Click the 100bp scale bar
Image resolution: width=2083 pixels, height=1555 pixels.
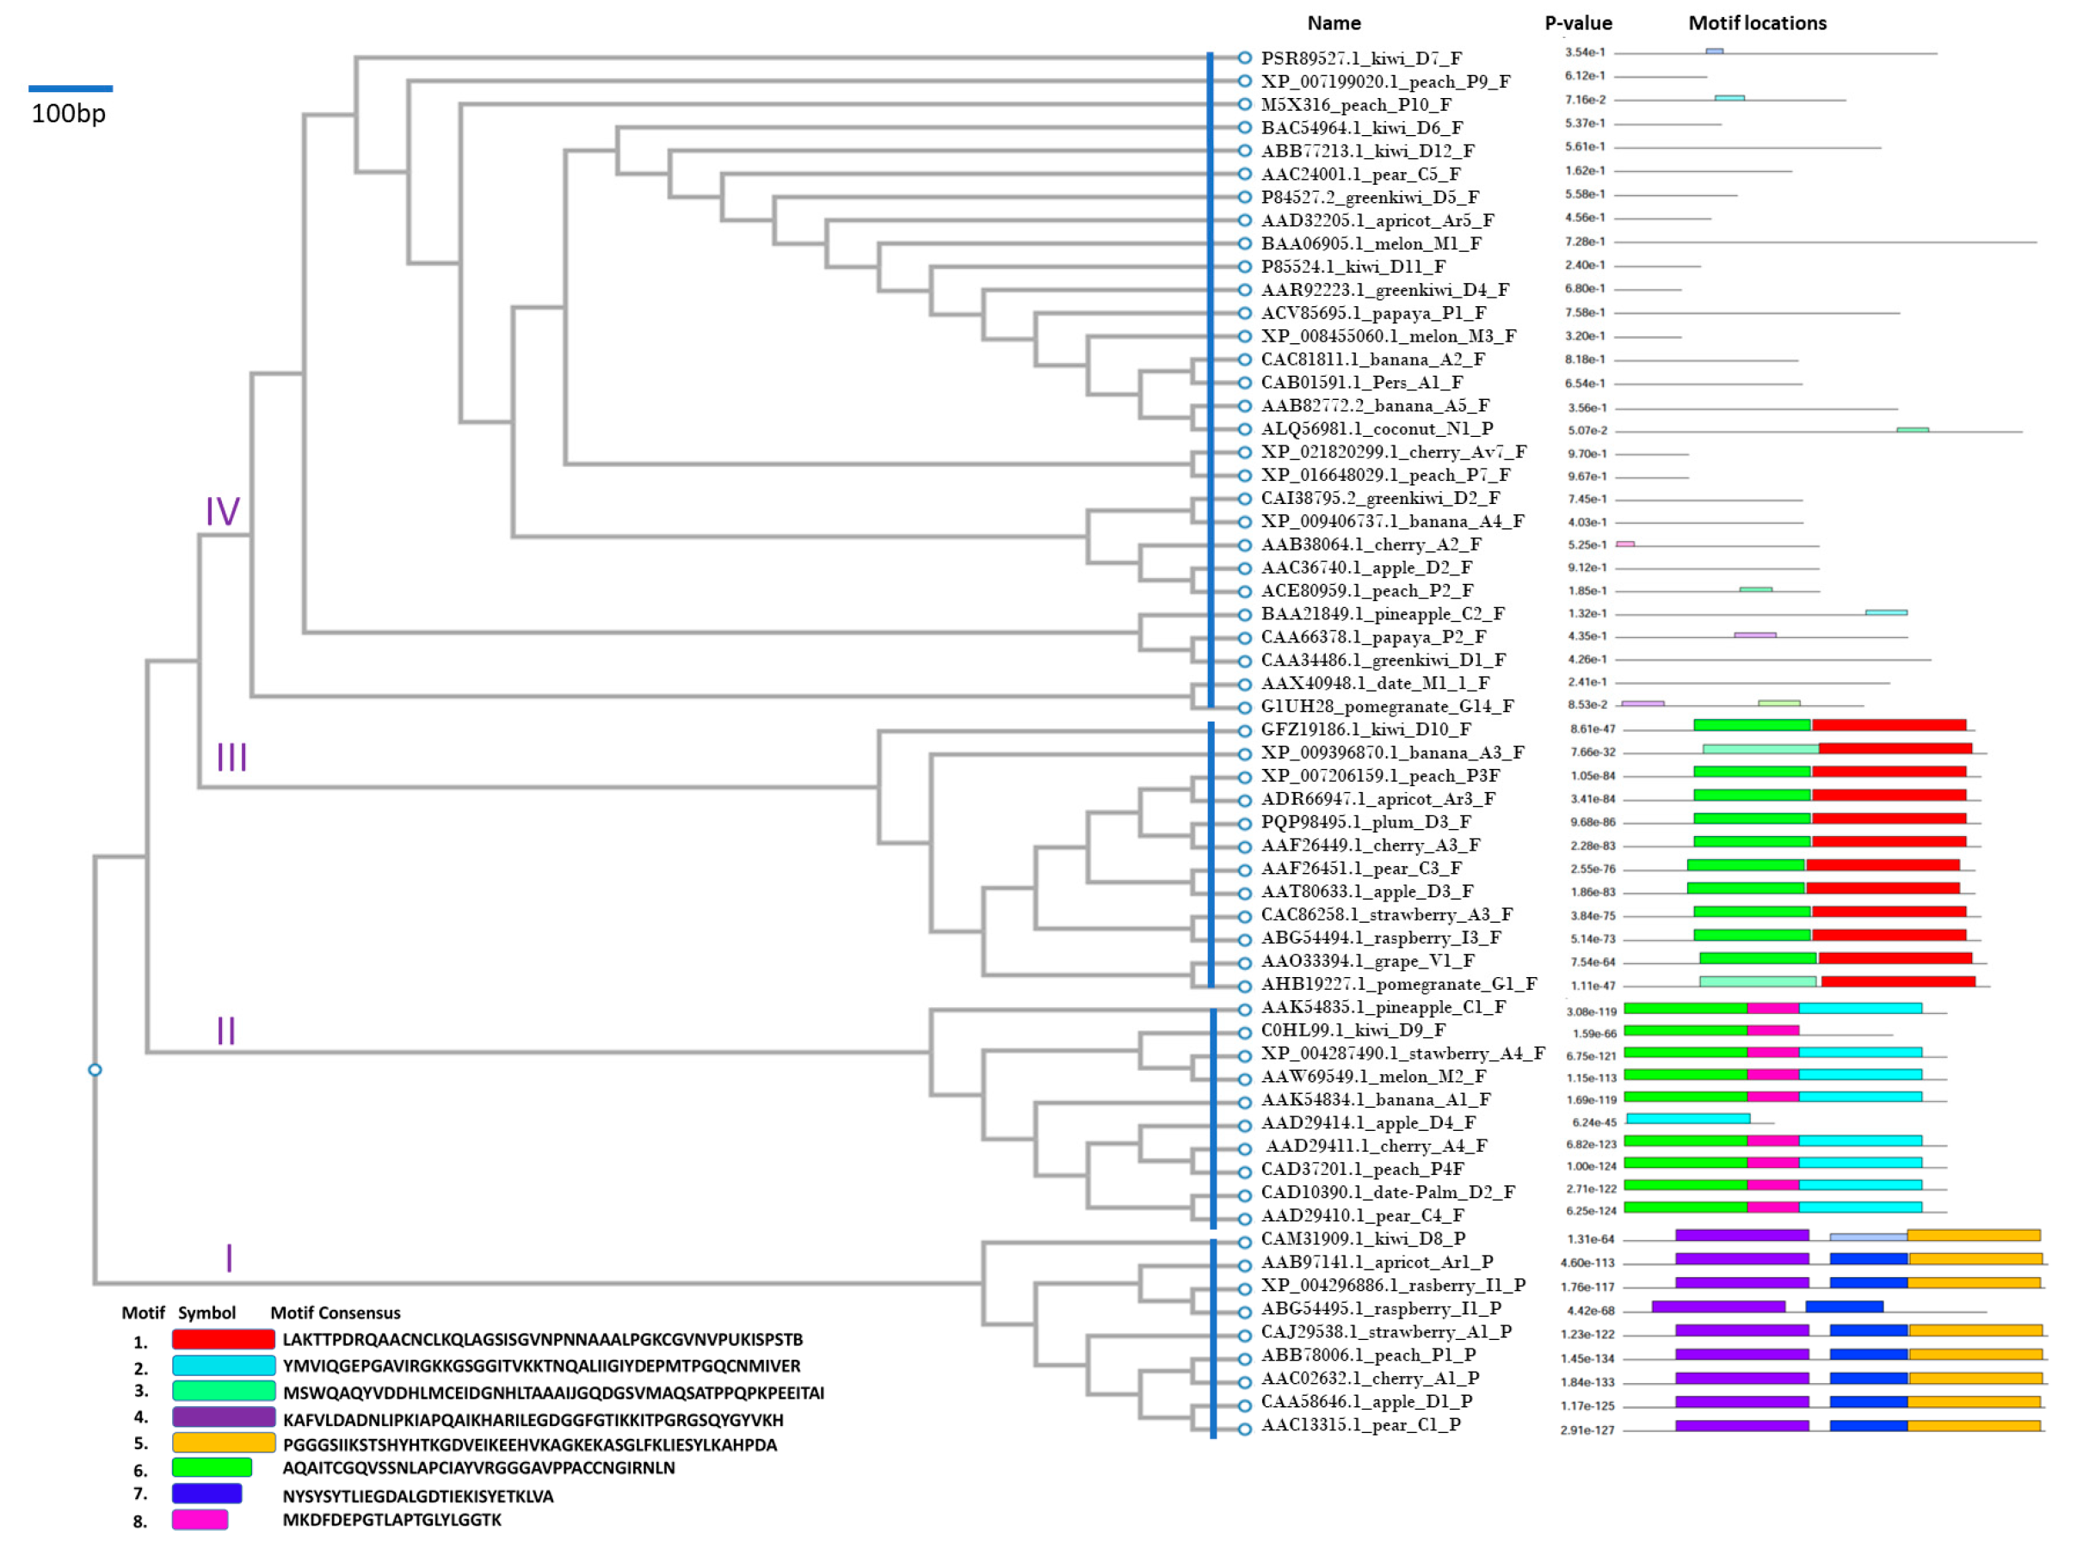click(71, 89)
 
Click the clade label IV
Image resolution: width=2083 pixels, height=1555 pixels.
click(222, 511)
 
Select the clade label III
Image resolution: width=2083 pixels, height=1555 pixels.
click(231, 757)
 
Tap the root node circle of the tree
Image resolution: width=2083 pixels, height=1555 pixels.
click(96, 1070)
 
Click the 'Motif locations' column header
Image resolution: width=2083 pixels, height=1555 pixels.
click(1756, 23)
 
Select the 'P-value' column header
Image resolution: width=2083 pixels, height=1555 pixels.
click(1578, 23)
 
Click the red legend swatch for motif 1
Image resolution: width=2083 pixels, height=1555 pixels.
click(223, 1339)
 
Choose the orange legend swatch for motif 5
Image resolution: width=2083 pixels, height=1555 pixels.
click(223, 1443)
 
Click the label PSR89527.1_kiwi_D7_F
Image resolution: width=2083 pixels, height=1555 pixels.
click(1361, 58)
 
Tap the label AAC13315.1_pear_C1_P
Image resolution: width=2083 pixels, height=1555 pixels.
click(1361, 1425)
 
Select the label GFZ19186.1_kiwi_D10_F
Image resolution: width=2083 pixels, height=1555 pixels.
click(1365, 729)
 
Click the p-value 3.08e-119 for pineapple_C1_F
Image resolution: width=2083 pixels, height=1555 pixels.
click(1592, 1012)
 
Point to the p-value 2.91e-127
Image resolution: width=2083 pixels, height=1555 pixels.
click(1587, 1431)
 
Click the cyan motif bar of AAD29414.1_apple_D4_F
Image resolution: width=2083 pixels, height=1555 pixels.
click(1687, 1118)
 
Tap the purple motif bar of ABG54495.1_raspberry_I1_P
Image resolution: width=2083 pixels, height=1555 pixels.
click(1717, 1306)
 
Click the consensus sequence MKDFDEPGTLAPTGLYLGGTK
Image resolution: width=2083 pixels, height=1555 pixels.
click(391, 1521)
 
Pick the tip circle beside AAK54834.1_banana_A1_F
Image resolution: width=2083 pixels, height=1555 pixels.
click(1244, 1103)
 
